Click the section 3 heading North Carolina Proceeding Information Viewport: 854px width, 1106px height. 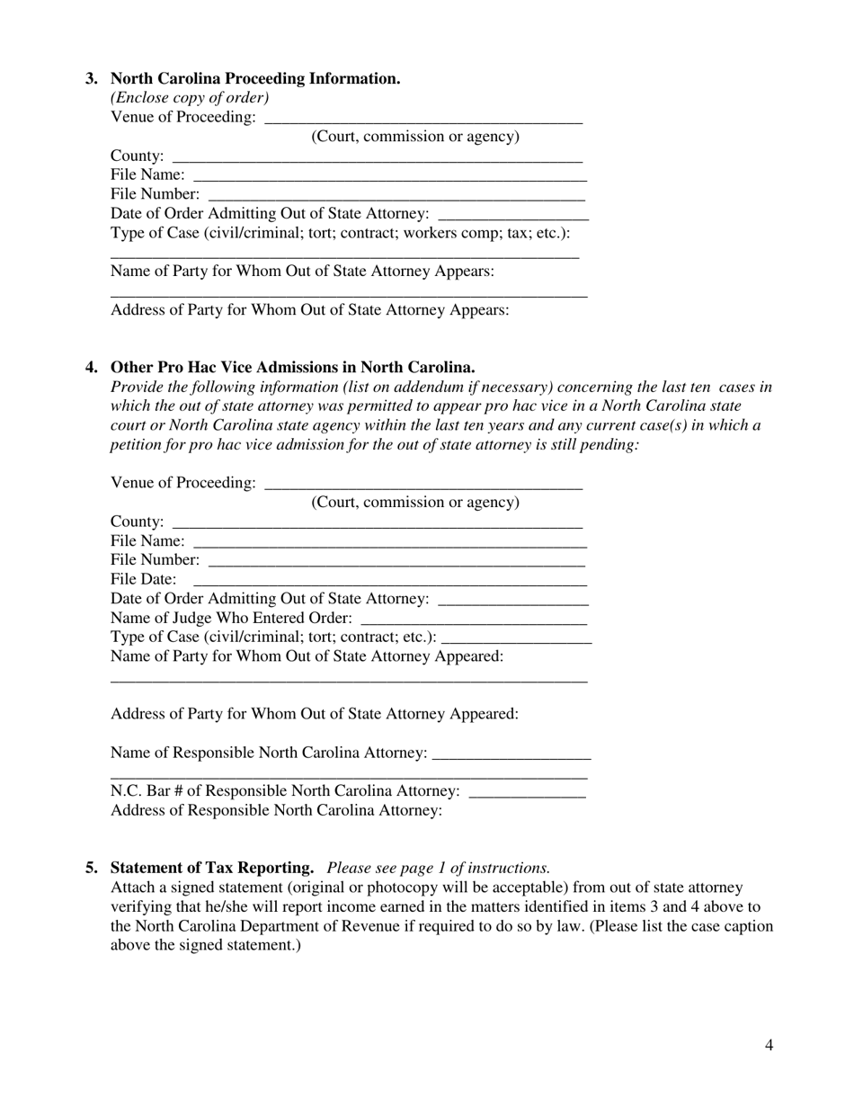[x=255, y=78]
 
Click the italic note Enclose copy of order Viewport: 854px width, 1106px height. [x=190, y=97]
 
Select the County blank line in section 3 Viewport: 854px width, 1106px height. [x=377, y=157]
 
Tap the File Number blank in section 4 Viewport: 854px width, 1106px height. [x=396, y=561]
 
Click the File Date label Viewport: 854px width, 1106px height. [x=144, y=579]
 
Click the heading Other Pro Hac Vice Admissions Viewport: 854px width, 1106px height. [x=292, y=367]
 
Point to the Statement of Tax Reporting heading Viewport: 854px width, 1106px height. [x=212, y=868]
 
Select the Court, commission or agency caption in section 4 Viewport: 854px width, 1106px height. [x=415, y=502]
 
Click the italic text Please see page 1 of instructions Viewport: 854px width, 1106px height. [x=439, y=868]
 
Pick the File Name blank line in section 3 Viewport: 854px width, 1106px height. [x=389, y=176]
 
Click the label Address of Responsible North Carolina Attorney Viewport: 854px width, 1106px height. [x=276, y=810]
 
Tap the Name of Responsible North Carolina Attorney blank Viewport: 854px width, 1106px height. [x=511, y=754]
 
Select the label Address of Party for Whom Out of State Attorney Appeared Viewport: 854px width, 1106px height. [x=314, y=714]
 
